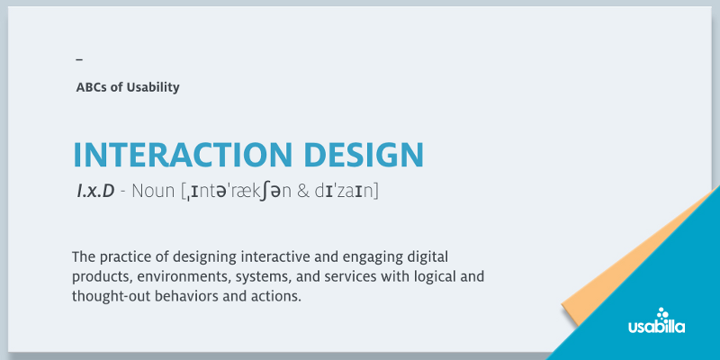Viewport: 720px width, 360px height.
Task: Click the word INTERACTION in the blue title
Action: pyautogui.click(x=183, y=155)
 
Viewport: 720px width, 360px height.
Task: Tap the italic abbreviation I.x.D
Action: pyautogui.click(x=95, y=192)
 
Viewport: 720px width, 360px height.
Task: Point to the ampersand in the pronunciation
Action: pyautogui.click(x=302, y=192)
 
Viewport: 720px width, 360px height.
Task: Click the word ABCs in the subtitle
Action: pyautogui.click(x=92, y=87)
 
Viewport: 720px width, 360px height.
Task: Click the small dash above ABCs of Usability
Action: pyautogui.click(x=79, y=59)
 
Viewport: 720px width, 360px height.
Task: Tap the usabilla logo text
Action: pyautogui.click(x=657, y=327)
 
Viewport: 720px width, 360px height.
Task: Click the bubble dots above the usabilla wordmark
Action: pyautogui.click(x=662, y=313)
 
